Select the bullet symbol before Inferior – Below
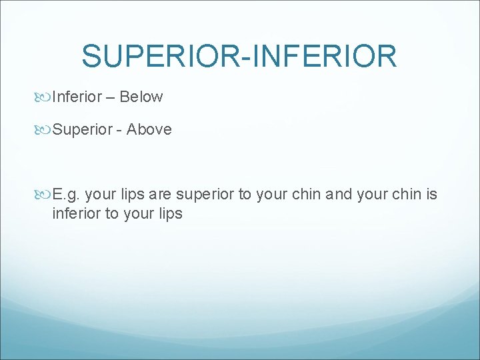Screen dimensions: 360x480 [45, 97]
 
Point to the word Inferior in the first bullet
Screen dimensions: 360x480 [76, 97]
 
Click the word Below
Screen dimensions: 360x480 [141, 97]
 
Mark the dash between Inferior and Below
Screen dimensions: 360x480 [109, 97]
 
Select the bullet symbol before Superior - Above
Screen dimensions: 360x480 [45, 130]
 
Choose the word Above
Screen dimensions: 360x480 [149, 129]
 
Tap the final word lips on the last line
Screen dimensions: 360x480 [169, 214]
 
